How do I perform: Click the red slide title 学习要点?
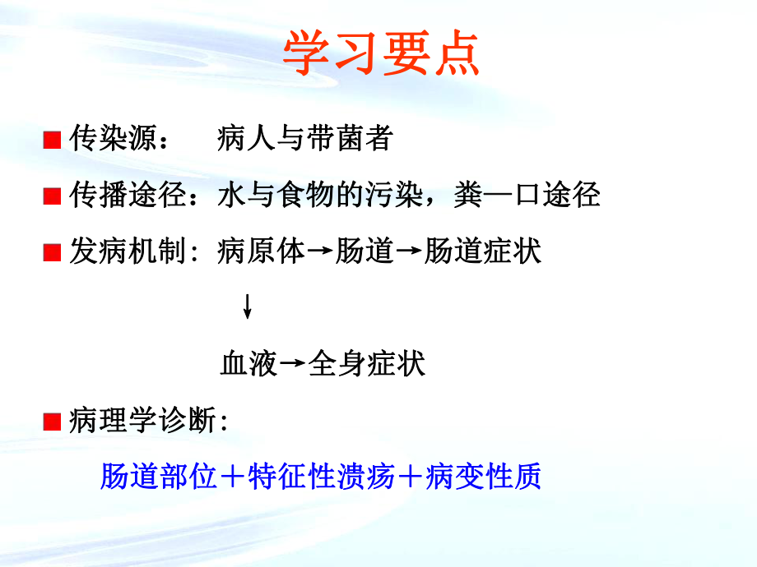point(380,55)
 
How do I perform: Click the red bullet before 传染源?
point(52,141)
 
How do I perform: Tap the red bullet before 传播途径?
point(52,196)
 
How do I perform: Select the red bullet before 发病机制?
point(52,252)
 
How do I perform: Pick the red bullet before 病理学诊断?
point(52,422)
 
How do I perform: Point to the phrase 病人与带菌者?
point(304,140)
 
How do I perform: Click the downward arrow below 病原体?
point(247,307)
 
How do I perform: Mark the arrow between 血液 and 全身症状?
point(292,364)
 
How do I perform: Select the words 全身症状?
point(366,362)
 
